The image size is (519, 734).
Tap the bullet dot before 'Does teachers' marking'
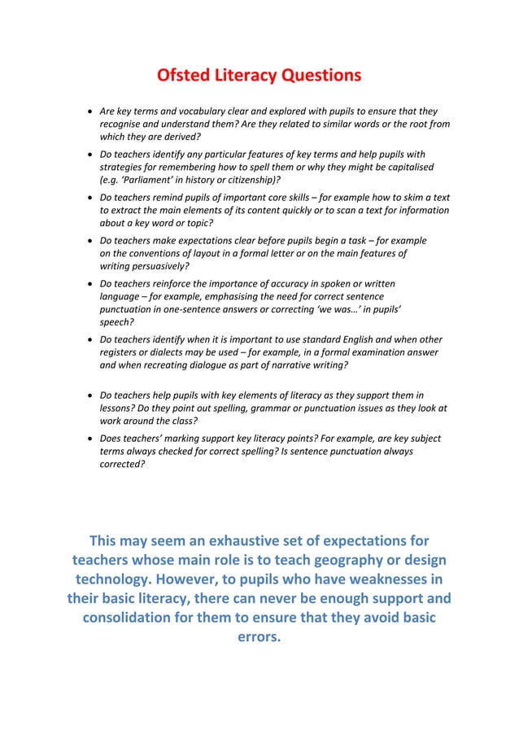(89, 439)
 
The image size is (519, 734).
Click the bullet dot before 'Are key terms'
(89, 111)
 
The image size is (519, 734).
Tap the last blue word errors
(259, 637)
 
